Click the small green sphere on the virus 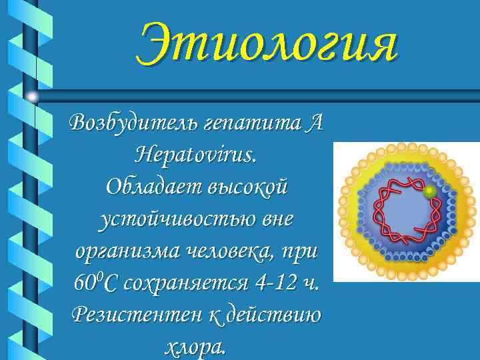pos(431,192)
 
